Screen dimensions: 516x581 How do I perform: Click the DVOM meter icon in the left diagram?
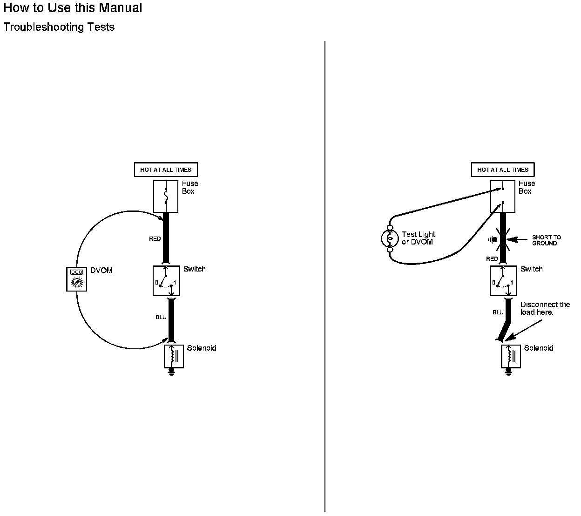coord(77,279)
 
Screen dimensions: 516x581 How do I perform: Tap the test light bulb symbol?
coord(390,239)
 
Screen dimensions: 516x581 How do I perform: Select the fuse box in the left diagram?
coord(166,196)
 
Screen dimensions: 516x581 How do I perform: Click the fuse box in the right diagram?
coord(503,196)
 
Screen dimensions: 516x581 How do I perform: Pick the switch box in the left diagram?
coord(166,281)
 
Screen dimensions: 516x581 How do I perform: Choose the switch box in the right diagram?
coord(503,281)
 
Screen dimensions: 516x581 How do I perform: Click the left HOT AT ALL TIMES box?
coord(166,170)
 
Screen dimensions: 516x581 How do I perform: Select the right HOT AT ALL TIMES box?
coord(503,170)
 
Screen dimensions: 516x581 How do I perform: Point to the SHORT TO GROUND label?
coord(546,240)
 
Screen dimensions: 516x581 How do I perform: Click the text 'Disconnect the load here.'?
coord(545,308)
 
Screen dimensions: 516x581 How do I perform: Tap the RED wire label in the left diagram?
coord(155,239)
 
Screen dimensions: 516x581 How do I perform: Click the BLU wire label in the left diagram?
coord(161,317)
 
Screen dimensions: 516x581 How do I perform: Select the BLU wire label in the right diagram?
coord(498,312)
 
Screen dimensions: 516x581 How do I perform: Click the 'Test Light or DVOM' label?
coord(418,238)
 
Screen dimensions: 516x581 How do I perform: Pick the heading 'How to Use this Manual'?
coord(73,8)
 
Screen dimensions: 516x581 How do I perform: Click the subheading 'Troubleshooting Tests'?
coord(59,27)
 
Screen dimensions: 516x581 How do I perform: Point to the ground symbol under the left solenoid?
coord(172,371)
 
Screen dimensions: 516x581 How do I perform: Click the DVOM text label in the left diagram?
coord(101,270)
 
